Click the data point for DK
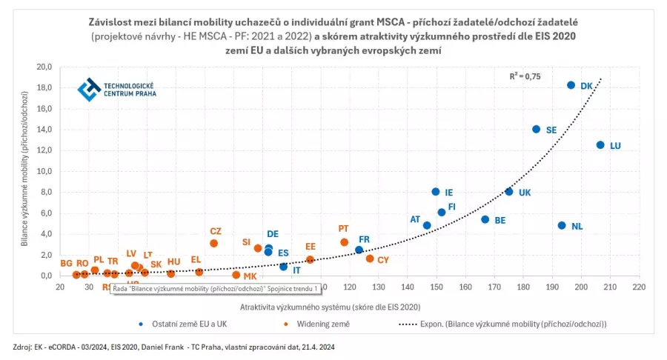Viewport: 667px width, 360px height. [x=571, y=85]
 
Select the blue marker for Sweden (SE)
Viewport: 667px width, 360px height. [x=536, y=129]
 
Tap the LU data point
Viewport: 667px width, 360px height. [x=600, y=145]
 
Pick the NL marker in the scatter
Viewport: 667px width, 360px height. [x=562, y=225]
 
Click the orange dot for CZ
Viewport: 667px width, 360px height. [x=213, y=243]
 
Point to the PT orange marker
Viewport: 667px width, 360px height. [x=344, y=242]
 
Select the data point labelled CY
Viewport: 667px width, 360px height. [x=370, y=259]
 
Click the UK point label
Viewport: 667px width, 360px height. [x=525, y=193]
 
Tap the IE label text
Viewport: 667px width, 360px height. [x=449, y=193]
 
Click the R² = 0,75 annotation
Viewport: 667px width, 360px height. [x=525, y=76]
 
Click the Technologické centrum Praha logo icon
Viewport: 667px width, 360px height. [x=89, y=89]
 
